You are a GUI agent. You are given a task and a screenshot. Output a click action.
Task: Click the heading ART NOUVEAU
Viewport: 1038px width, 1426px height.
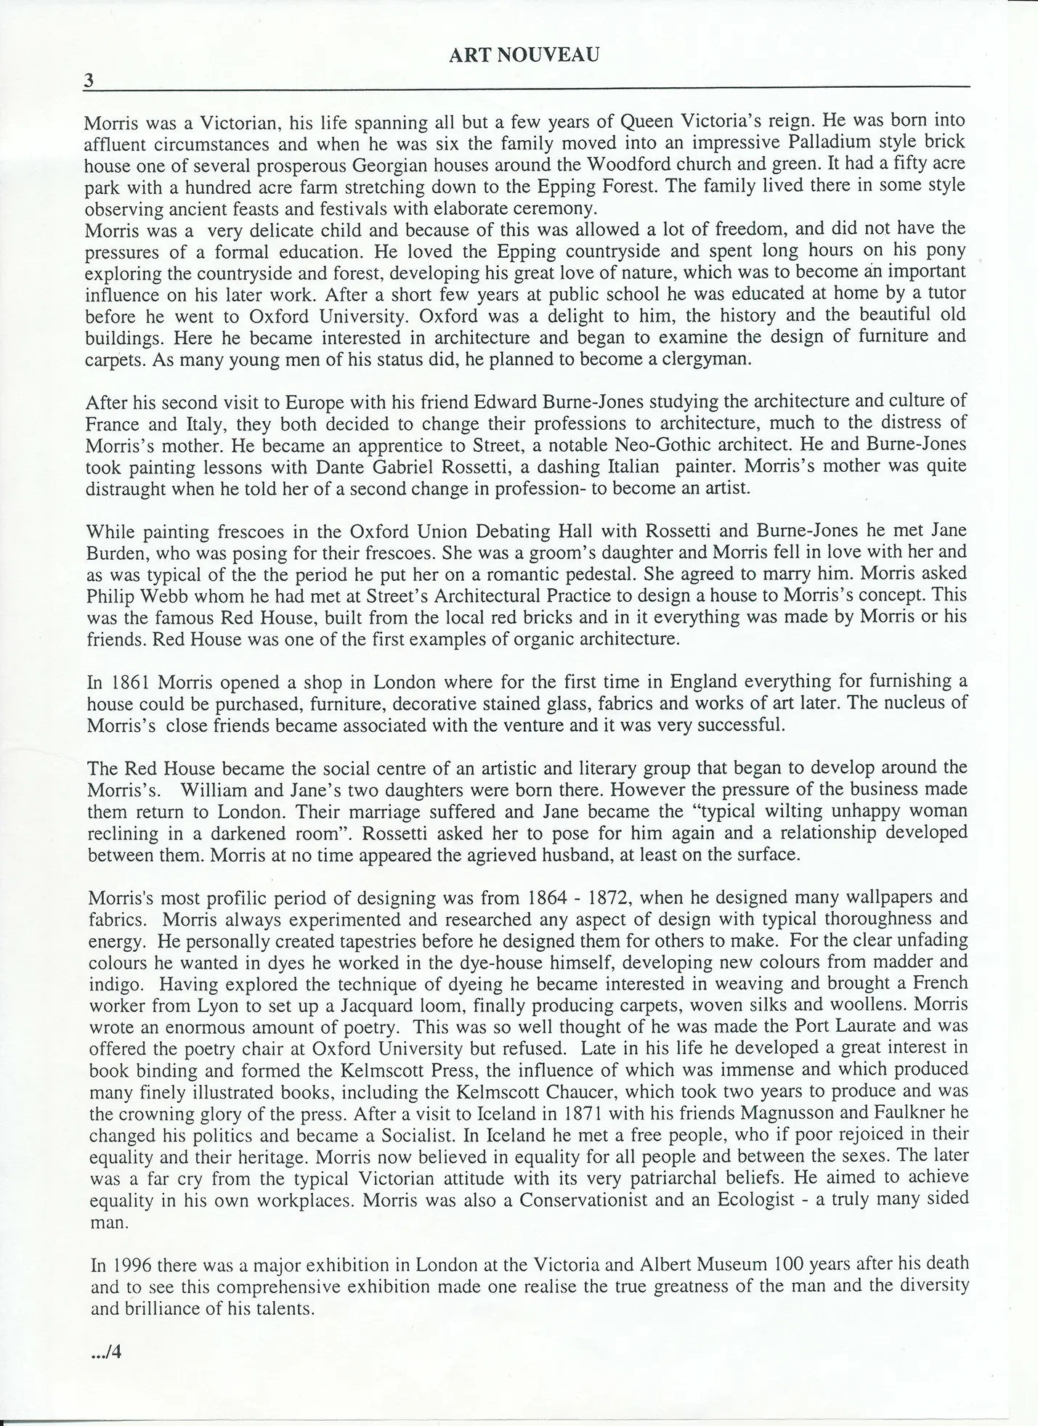tap(524, 56)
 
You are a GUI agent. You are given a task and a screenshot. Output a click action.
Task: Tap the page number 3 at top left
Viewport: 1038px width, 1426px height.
tap(89, 81)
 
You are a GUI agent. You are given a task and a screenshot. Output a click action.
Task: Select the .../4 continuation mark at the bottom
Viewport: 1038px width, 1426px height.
tap(105, 1352)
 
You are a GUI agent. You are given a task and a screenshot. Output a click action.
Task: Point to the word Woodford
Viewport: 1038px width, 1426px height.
tap(623, 164)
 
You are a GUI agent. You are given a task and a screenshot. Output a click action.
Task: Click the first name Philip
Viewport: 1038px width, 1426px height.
tap(110, 596)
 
